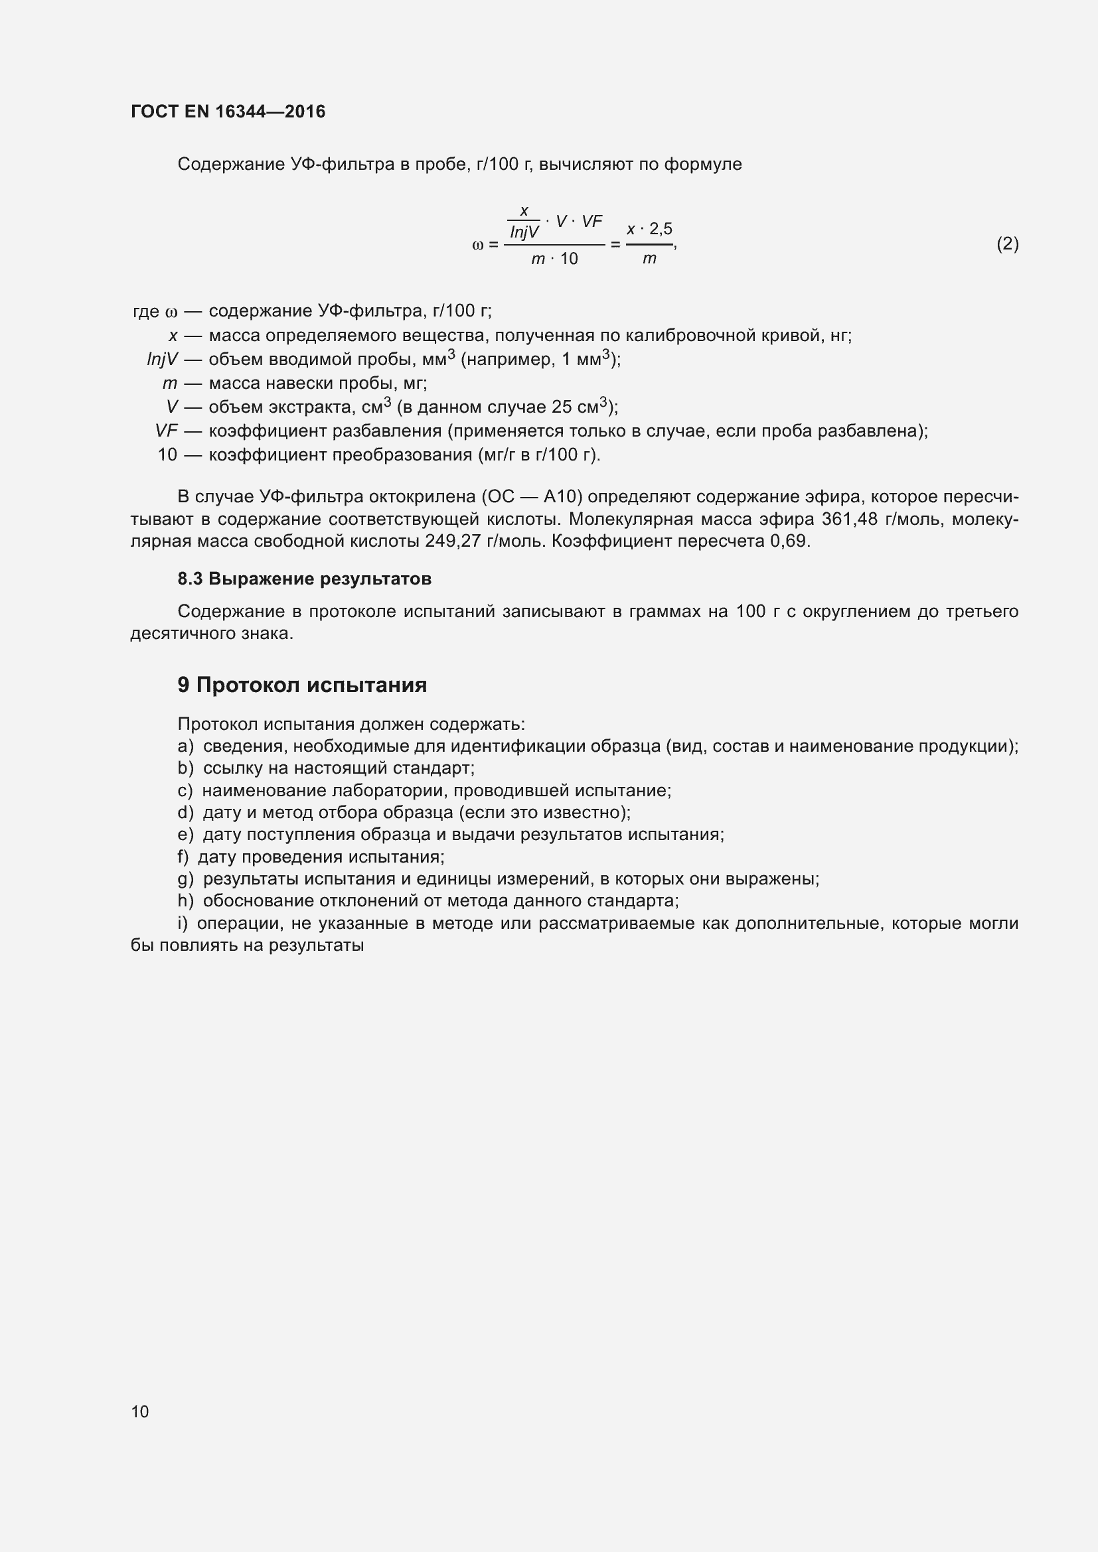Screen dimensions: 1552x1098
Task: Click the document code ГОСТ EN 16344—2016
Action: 228,111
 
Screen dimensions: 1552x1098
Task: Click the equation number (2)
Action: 1008,244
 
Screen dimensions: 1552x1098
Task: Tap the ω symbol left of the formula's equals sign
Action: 477,245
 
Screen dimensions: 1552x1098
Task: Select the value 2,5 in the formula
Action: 661,229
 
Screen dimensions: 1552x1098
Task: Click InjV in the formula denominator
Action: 524,232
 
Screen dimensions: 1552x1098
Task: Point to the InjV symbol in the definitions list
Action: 162,360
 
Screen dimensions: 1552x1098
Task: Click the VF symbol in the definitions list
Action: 167,431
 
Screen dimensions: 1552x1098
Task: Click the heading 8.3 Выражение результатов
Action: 304,579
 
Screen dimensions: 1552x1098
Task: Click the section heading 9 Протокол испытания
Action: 302,685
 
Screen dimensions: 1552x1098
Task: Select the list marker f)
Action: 183,857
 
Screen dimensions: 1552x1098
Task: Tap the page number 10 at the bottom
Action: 140,1411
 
